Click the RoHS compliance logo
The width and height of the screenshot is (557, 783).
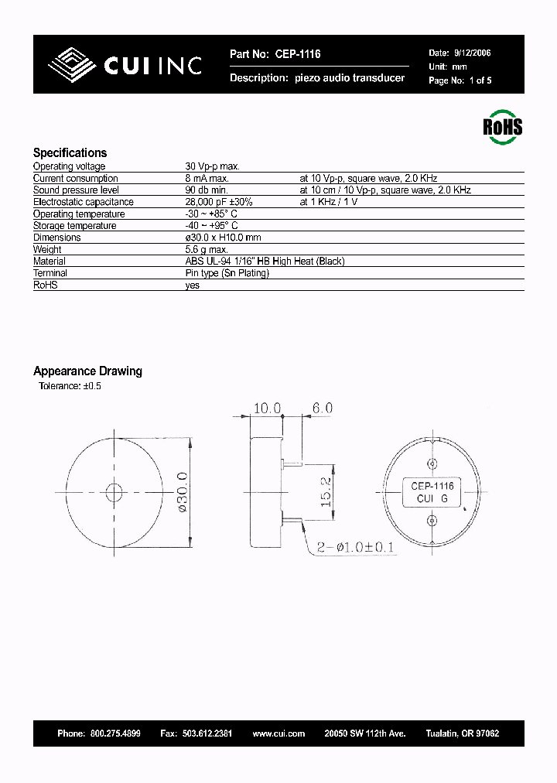pos(502,126)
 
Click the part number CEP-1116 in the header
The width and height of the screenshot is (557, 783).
pos(295,54)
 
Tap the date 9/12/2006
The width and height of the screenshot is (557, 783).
pos(471,53)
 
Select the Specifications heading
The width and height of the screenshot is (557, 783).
pos(70,152)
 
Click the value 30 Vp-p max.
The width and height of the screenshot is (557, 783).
pos(212,166)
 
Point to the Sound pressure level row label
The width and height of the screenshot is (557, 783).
pos(76,190)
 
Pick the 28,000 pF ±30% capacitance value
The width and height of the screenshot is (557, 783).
pos(219,202)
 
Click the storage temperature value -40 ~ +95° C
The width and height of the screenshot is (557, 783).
pos(211,226)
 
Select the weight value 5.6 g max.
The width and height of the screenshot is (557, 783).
pos(207,250)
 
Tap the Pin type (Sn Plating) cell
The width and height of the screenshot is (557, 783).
pos(227,273)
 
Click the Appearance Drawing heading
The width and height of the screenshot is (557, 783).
pos(87,371)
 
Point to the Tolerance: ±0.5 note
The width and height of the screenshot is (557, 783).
pos(70,386)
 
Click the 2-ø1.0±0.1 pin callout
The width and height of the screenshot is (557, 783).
pos(357,548)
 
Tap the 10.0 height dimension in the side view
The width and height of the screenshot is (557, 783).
pos(265,407)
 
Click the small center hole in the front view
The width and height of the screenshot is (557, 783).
pos(114,491)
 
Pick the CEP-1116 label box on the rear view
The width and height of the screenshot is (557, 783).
pos(432,492)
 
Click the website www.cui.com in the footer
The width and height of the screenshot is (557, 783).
pos(278,733)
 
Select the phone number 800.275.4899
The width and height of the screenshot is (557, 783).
pos(115,733)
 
